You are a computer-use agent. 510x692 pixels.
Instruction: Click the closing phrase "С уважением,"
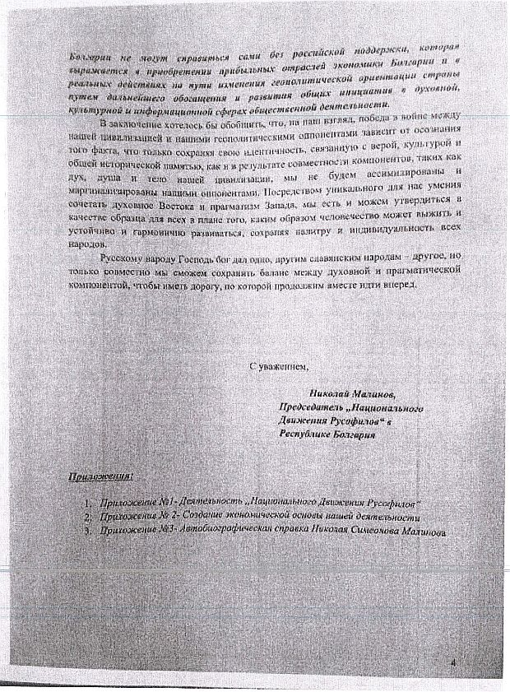click(x=280, y=366)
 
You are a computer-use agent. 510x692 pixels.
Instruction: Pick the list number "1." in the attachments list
click(x=86, y=502)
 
